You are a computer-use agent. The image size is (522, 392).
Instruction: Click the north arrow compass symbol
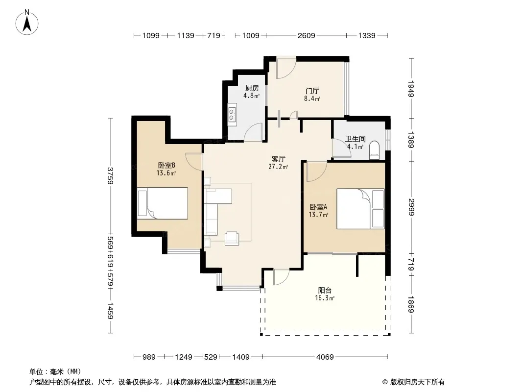pos(27,23)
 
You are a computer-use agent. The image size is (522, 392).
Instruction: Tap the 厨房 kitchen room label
pos(252,88)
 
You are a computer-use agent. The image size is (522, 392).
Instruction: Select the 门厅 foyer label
pos(312,91)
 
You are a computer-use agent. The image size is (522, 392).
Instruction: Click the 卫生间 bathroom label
pos(355,139)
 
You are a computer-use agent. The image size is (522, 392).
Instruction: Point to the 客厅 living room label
pos(278,159)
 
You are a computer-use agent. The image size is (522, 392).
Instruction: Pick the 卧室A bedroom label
pos(318,207)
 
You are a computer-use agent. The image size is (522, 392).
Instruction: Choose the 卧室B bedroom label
pos(166,165)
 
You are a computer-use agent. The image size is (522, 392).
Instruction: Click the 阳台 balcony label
pos(325,290)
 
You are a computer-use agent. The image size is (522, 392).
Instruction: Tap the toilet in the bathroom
pos(374,150)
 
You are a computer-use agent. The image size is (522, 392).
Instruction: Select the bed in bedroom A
pos(360,208)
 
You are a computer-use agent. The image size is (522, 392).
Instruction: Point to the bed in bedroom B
pos(163,203)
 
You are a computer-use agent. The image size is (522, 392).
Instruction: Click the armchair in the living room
pos(232,239)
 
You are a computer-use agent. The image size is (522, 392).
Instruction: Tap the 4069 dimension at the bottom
pos(325,357)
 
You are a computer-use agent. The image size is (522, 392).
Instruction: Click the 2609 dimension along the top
pos(306,35)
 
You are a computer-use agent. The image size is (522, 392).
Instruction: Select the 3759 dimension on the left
pos(111,175)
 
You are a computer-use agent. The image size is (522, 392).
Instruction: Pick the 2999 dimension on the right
pos(411,207)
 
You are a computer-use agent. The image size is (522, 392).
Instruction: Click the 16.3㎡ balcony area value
pos(325,298)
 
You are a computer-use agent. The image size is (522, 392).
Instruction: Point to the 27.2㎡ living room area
pos(278,167)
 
